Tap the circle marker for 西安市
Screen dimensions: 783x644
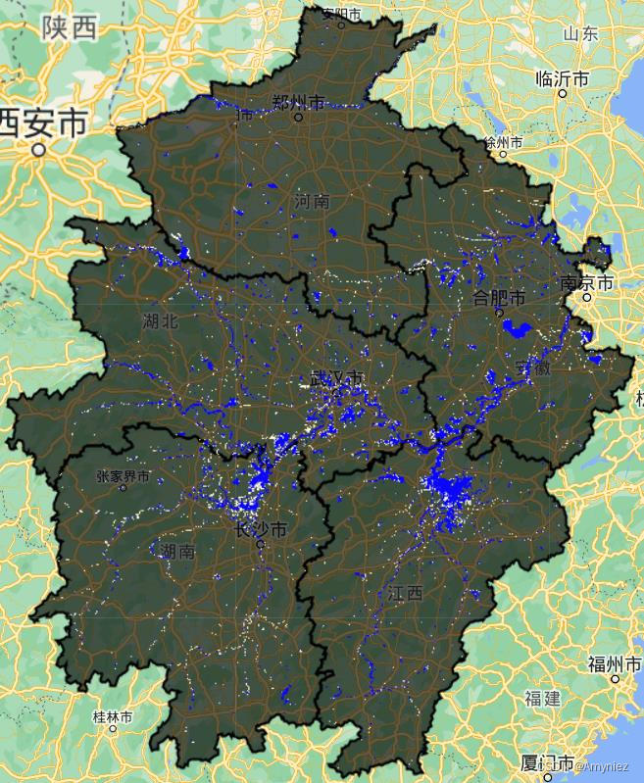coord(38,150)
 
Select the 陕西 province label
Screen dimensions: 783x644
coord(70,28)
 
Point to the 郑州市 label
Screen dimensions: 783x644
coord(299,102)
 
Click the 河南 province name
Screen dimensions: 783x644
coord(312,202)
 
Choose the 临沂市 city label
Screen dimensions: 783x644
coord(562,78)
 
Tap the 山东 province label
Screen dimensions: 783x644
coord(580,33)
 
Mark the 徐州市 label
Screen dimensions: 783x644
coord(504,142)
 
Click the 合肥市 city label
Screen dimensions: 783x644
coord(499,297)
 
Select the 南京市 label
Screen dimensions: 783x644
coord(586,282)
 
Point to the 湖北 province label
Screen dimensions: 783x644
coord(161,320)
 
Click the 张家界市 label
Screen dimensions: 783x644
coord(124,477)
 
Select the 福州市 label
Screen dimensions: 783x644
coord(615,663)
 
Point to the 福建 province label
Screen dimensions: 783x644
coord(542,699)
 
